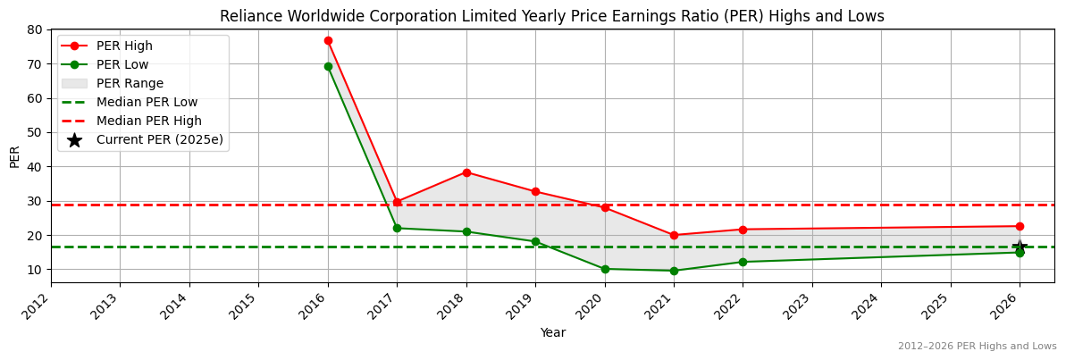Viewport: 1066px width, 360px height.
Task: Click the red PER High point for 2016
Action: [328, 40]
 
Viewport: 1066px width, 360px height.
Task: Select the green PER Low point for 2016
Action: [328, 66]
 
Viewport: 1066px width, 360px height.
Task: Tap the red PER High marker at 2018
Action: [466, 172]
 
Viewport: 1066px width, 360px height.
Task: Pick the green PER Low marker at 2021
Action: [674, 271]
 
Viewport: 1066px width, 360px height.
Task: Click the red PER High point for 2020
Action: [605, 207]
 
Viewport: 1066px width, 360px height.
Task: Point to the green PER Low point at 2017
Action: [397, 228]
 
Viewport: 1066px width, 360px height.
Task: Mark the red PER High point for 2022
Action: [743, 230]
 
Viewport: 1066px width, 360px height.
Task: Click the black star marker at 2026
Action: [1020, 247]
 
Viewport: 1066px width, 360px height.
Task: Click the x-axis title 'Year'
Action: [552, 333]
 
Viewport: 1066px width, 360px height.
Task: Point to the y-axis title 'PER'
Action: [14, 155]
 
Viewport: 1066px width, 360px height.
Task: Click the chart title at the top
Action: [552, 16]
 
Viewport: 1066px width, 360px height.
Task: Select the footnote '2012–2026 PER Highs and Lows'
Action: [977, 347]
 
